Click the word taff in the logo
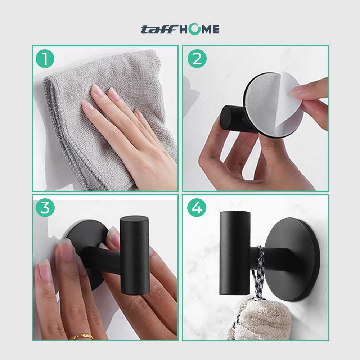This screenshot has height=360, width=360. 157,30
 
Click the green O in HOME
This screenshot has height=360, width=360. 195,30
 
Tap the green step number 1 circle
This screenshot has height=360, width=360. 45,59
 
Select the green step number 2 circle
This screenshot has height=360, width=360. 197,59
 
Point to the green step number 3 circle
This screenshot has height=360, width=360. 45,208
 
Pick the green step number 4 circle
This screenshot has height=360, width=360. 197,208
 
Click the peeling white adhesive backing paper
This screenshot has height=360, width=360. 284,108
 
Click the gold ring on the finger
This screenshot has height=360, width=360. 81,337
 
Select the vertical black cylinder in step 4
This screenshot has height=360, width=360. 234,252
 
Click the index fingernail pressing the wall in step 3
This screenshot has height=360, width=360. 66,252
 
